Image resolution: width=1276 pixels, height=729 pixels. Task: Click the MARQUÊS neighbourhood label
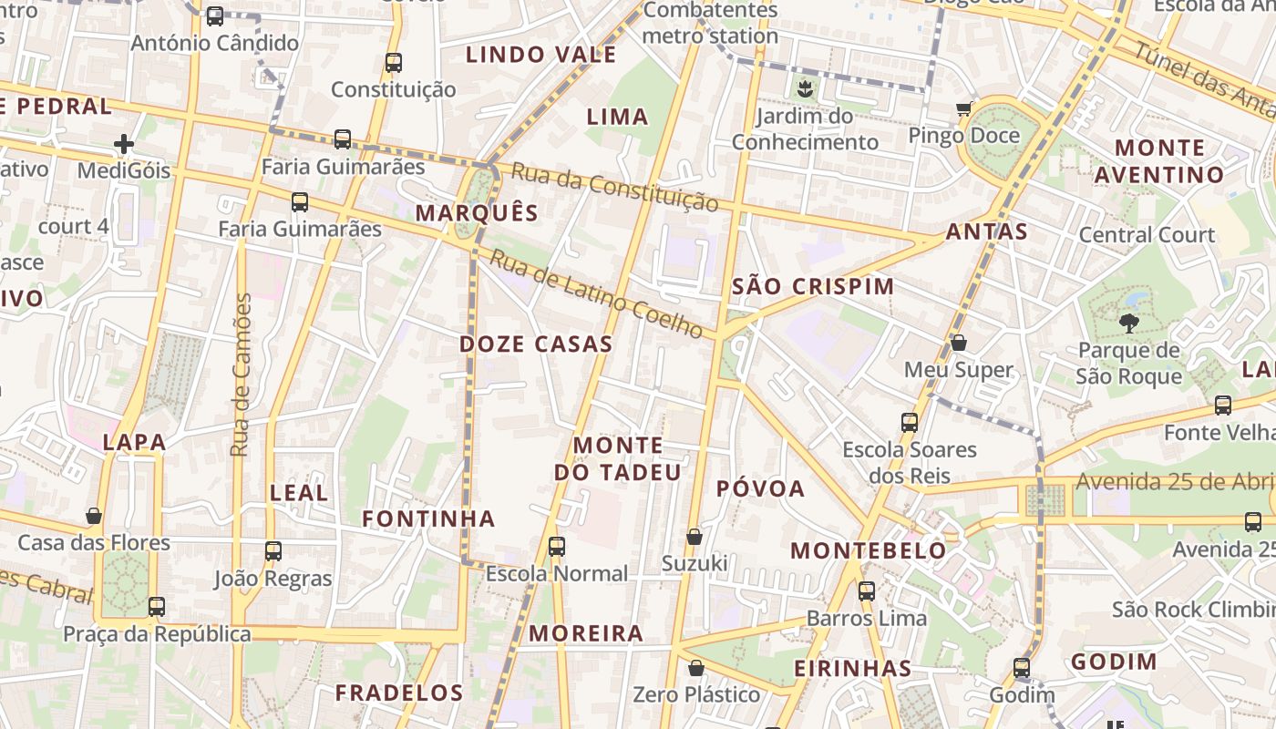[477, 213]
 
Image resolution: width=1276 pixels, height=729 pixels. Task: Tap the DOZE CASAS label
[536, 344]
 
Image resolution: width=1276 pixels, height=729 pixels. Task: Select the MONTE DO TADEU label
[618, 458]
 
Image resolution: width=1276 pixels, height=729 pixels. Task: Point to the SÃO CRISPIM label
[813, 286]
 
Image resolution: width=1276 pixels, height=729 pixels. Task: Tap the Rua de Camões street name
[241, 375]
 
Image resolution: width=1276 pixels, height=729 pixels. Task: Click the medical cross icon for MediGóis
[124, 144]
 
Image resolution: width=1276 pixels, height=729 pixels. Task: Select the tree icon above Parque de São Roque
[1128, 323]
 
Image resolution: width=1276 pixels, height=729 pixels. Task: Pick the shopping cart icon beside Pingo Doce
[964, 109]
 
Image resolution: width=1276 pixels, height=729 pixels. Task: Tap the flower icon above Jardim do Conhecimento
[805, 88]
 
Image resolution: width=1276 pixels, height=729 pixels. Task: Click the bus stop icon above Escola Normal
[557, 547]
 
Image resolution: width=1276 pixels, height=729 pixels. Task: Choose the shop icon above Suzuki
[695, 537]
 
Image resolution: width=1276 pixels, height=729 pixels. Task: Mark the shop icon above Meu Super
[959, 343]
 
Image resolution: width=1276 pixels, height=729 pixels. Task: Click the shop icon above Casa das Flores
[94, 516]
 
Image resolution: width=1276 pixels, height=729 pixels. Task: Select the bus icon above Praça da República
[157, 606]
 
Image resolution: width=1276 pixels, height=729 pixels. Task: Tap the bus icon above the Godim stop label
[1022, 667]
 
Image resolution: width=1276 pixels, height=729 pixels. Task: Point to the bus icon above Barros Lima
[867, 590]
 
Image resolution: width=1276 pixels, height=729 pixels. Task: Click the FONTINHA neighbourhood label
[428, 519]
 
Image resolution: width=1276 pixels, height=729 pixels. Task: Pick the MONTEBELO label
[869, 550]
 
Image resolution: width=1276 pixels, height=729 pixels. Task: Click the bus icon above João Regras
[273, 550]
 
